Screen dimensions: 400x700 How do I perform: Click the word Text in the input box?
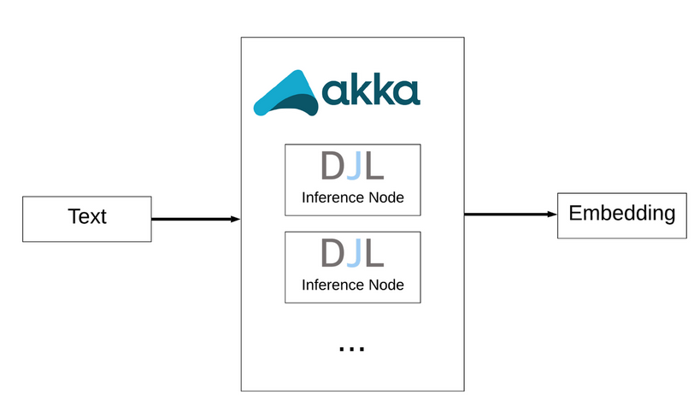pyautogui.click(x=86, y=217)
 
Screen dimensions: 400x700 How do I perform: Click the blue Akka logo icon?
pyautogui.click(x=286, y=94)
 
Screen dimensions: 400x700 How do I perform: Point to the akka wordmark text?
pyautogui.click(x=371, y=89)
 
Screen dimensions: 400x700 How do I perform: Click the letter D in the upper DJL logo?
pyautogui.click(x=331, y=167)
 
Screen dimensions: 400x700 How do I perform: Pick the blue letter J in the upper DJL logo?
pyautogui.click(x=352, y=167)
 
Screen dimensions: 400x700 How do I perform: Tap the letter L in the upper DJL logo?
pyautogui.click(x=374, y=167)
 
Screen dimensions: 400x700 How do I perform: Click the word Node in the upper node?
pyautogui.click(x=385, y=197)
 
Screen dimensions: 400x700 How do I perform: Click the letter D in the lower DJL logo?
pyautogui.click(x=331, y=254)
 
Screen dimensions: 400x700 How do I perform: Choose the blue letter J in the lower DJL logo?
pyautogui.click(x=352, y=254)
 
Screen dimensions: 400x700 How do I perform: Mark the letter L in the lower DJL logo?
pyautogui.click(x=374, y=254)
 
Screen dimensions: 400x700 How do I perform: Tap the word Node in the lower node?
pyautogui.click(x=385, y=285)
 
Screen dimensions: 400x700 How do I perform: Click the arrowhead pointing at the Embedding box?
pyautogui.click(x=551, y=215)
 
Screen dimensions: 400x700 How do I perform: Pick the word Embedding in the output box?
pyautogui.click(x=621, y=213)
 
